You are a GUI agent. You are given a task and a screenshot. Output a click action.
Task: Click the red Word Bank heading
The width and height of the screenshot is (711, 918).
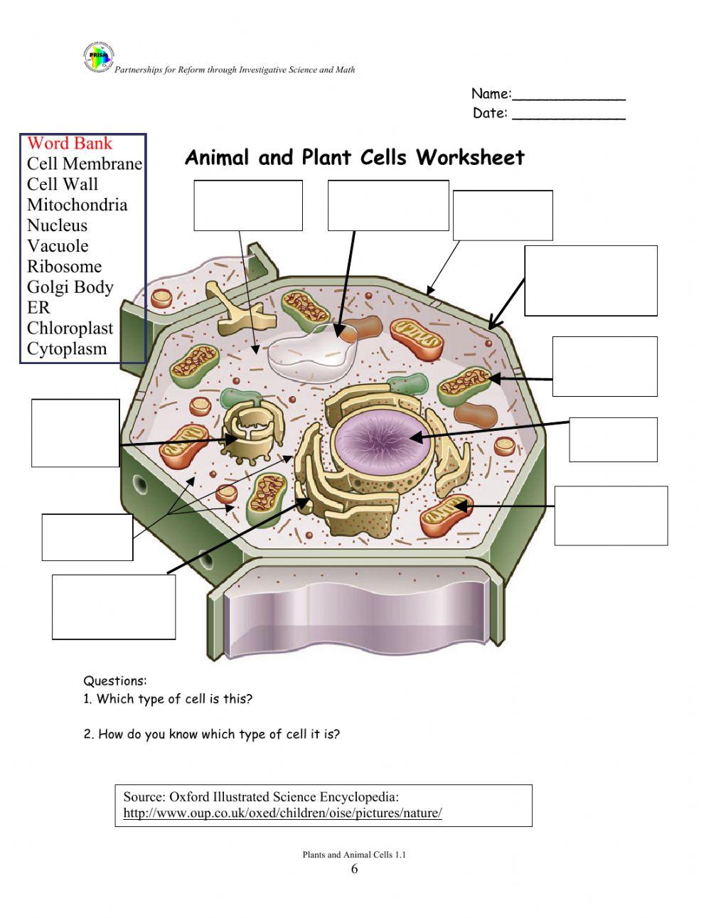(x=70, y=143)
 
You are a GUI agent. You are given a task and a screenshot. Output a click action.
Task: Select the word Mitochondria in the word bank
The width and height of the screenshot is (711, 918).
(x=77, y=205)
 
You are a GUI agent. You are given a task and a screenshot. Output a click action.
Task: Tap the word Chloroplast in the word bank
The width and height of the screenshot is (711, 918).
(x=70, y=329)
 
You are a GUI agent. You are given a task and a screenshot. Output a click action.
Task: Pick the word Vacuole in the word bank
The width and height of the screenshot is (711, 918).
(x=58, y=246)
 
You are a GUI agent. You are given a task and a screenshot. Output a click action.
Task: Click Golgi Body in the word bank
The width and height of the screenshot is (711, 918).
(x=70, y=287)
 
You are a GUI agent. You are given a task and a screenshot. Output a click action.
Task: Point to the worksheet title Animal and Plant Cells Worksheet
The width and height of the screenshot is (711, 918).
(x=354, y=157)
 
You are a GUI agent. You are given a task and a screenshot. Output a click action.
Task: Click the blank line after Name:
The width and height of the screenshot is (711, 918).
(x=569, y=95)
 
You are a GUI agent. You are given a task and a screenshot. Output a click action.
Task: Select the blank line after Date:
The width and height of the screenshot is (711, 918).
(x=569, y=114)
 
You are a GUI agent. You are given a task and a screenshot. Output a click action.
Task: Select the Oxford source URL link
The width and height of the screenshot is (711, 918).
(x=282, y=813)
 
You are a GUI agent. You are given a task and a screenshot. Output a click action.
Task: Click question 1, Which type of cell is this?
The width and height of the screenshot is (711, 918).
(x=168, y=699)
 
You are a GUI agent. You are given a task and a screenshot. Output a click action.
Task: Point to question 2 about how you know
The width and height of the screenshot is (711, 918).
(x=211, y=735)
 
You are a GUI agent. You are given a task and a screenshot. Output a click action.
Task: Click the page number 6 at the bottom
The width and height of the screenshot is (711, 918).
(x=354, y=870)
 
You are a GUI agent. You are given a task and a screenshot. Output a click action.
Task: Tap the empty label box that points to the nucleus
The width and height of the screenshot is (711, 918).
(x=613, y=439)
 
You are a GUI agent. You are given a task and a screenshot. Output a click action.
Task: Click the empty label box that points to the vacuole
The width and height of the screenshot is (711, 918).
(x=388, y=206)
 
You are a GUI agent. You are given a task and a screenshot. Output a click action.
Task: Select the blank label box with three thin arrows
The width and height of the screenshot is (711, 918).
(x=87, y=537)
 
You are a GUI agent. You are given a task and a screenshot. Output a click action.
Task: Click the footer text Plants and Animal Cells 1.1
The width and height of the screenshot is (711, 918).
(x=354, y=855)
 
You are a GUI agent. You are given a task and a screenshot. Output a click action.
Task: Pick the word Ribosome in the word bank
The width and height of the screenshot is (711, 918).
(x=64, y=267)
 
